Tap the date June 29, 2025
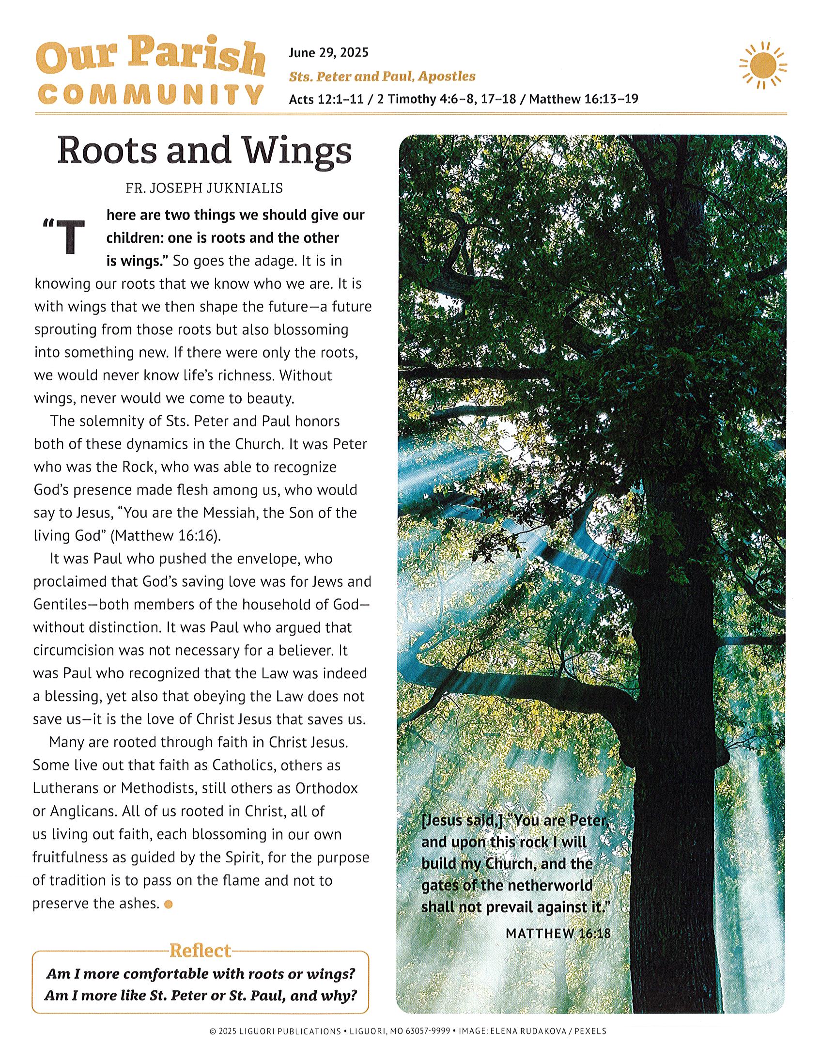[x=328, y=52]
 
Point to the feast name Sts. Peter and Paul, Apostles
[x=382, y=77]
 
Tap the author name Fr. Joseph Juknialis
[x=204, y=188]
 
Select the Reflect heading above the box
[x=199, y=950]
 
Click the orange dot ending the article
[x=169, y=905]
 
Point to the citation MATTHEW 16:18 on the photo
[x=557, y=933]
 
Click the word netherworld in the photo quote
[x=550, y=885]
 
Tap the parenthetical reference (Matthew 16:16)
[x=166, y=536]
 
